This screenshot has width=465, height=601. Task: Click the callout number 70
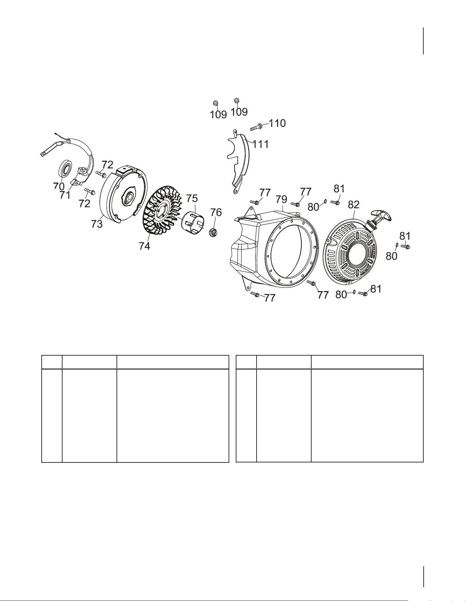coord(59,186)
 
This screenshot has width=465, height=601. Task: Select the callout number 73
coord(97,224)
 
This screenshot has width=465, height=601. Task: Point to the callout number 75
coord(192,199)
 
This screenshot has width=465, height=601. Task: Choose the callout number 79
coord(282,199)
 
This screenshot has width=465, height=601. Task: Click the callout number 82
coord(354,205)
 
